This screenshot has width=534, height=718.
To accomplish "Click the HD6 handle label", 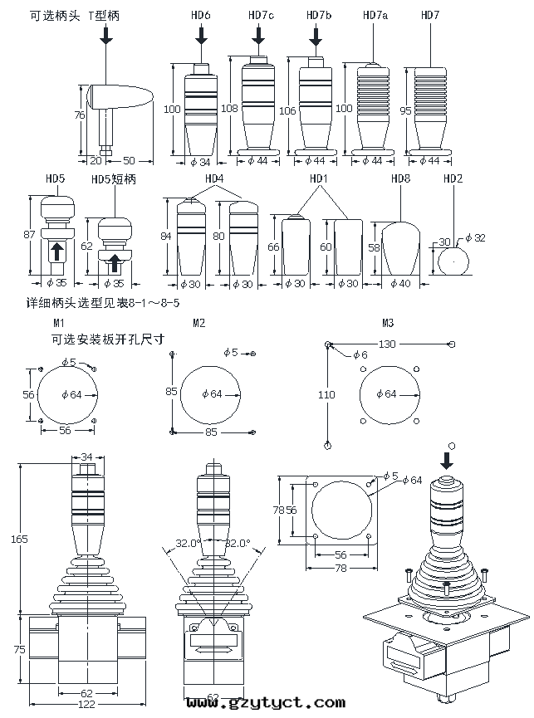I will click(200, 16).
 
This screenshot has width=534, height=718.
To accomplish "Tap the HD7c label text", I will click(260, 16).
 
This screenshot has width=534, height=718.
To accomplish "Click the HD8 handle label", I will click(400, 178).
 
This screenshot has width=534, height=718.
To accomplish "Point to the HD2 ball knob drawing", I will click(452, 261).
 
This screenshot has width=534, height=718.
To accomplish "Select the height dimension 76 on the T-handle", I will click(80, 115).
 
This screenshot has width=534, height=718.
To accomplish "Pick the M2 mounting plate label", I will click(198, 322).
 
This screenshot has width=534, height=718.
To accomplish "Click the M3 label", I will click(388, 322).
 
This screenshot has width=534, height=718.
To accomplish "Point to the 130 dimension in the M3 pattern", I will click(387, 343).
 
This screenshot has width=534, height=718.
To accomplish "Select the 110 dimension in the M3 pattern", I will click(326, 396).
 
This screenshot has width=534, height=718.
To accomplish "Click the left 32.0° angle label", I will click(189, 545).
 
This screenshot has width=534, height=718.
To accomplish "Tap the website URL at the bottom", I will click(266, 704).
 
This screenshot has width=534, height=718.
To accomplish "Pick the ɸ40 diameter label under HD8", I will click(400, 284).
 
